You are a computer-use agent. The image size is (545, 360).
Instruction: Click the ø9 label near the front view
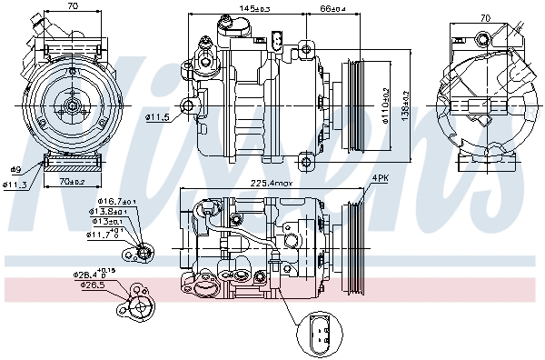15,170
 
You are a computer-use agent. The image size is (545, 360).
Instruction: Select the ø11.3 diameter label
15,185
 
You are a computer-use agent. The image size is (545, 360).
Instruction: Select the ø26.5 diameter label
92,285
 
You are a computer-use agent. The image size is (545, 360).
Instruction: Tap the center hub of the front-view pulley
70,106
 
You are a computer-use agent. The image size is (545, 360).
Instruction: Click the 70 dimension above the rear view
484,17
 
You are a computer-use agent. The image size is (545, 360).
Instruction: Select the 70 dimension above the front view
73,6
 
